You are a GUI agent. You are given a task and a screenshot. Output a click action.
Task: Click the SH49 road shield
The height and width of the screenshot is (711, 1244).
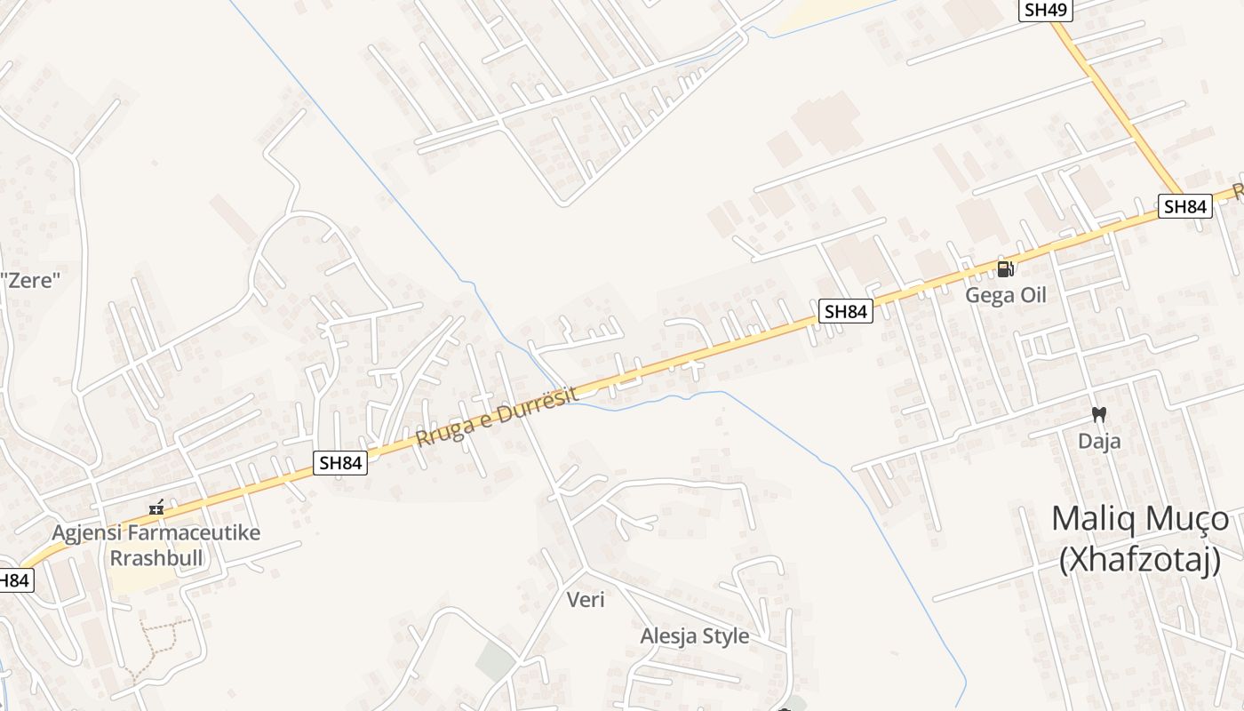click(x=1046, y=10)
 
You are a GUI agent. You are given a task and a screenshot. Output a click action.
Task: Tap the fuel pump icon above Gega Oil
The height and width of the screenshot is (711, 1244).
click(x=1005, y=268)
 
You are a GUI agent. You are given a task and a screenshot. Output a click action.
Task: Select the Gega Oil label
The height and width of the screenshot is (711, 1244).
click(x=1006, y=295)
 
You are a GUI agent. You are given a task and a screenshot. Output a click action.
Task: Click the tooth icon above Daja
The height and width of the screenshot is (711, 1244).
click(x=1099, y=414)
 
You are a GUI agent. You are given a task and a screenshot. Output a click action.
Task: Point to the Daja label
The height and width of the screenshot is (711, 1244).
click(x=1099, y=441)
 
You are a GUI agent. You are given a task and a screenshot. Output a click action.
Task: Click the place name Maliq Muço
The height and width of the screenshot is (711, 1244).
click(x=1140, y=518)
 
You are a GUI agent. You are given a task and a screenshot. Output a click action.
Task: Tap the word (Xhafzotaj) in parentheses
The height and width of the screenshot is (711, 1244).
click(x=1140, y=560)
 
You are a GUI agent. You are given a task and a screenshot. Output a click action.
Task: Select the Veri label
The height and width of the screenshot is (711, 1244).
click(x=586, y=600)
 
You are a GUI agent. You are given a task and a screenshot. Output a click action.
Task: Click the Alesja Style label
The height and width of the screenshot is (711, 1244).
click(x=694, y=636)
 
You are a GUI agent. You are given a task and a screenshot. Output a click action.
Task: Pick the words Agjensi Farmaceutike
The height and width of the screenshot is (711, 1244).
click(x=156, y=533)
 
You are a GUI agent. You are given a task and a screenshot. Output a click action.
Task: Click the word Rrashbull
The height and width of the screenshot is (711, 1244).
click(x=156, y=558)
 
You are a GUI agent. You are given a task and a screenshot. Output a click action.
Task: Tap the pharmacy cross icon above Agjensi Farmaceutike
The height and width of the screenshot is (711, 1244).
click(x=156, y=509)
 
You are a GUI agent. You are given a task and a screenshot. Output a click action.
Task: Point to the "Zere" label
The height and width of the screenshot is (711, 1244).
click(x=30, y=281)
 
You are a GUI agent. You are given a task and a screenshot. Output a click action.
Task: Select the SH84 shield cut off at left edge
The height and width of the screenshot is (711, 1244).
click(x=14, y=581)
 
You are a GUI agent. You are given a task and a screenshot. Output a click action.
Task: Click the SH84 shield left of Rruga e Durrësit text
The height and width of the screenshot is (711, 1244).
click(x=341, y=462)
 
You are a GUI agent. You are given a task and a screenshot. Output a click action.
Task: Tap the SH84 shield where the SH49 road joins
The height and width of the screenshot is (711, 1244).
click(x=1185, y=206)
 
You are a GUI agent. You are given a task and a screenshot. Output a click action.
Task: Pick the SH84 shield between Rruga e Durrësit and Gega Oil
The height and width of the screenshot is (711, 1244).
click(x=845, y=311)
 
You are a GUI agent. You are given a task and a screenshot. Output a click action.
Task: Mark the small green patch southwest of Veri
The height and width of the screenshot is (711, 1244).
click(x=494, y=661)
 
